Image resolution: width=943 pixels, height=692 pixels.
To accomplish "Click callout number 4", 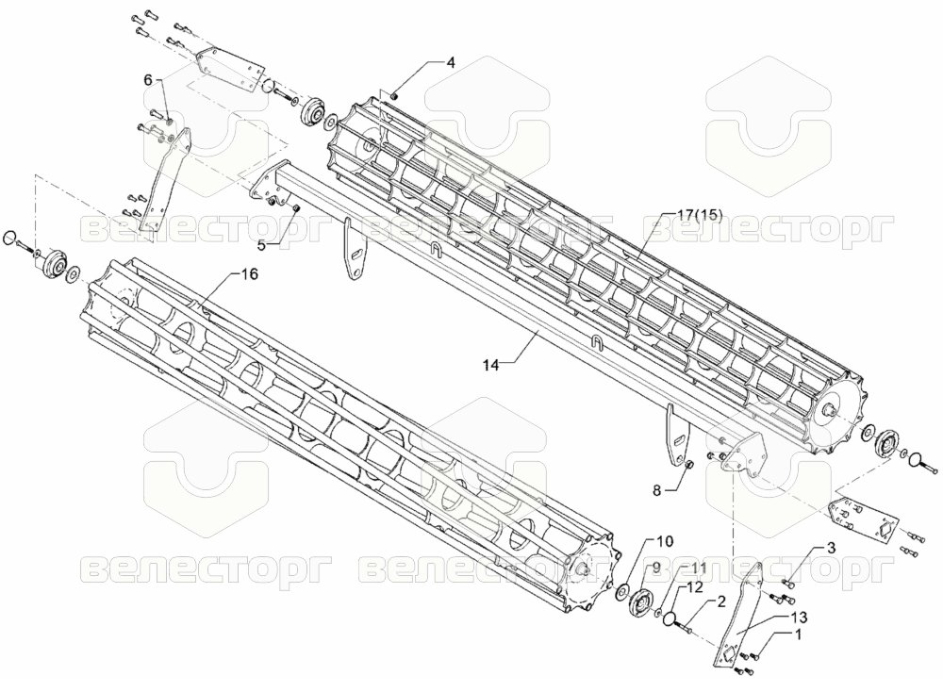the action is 450,62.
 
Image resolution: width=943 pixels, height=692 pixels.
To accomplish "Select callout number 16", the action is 249,274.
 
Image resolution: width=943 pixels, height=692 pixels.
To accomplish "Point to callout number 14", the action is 490,365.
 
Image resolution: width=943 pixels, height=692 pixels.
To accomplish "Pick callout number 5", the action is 261,245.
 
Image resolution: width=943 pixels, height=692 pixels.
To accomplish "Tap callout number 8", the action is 656,490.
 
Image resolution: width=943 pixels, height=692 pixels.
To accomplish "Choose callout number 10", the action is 665,540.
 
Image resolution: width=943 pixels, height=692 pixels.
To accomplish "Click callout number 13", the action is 800,617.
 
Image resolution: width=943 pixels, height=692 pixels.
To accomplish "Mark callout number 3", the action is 831,548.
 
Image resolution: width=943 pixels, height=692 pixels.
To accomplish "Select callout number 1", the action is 798,634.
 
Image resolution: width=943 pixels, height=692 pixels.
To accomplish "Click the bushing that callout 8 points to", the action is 690,464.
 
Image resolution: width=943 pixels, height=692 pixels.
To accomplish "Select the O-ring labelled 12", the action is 671,618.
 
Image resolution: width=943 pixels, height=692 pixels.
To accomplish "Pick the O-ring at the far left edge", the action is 10,239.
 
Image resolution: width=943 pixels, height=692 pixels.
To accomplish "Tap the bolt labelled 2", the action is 687,628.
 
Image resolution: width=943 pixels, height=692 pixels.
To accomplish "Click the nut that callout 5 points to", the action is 296,208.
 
